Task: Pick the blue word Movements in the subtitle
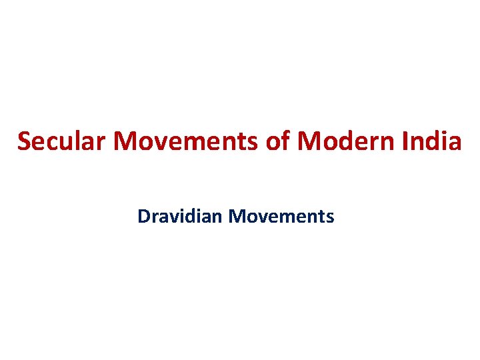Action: point(281,216)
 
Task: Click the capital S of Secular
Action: point(24,141)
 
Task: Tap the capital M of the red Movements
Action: point(126,141)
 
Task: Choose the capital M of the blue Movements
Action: point(235,216)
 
